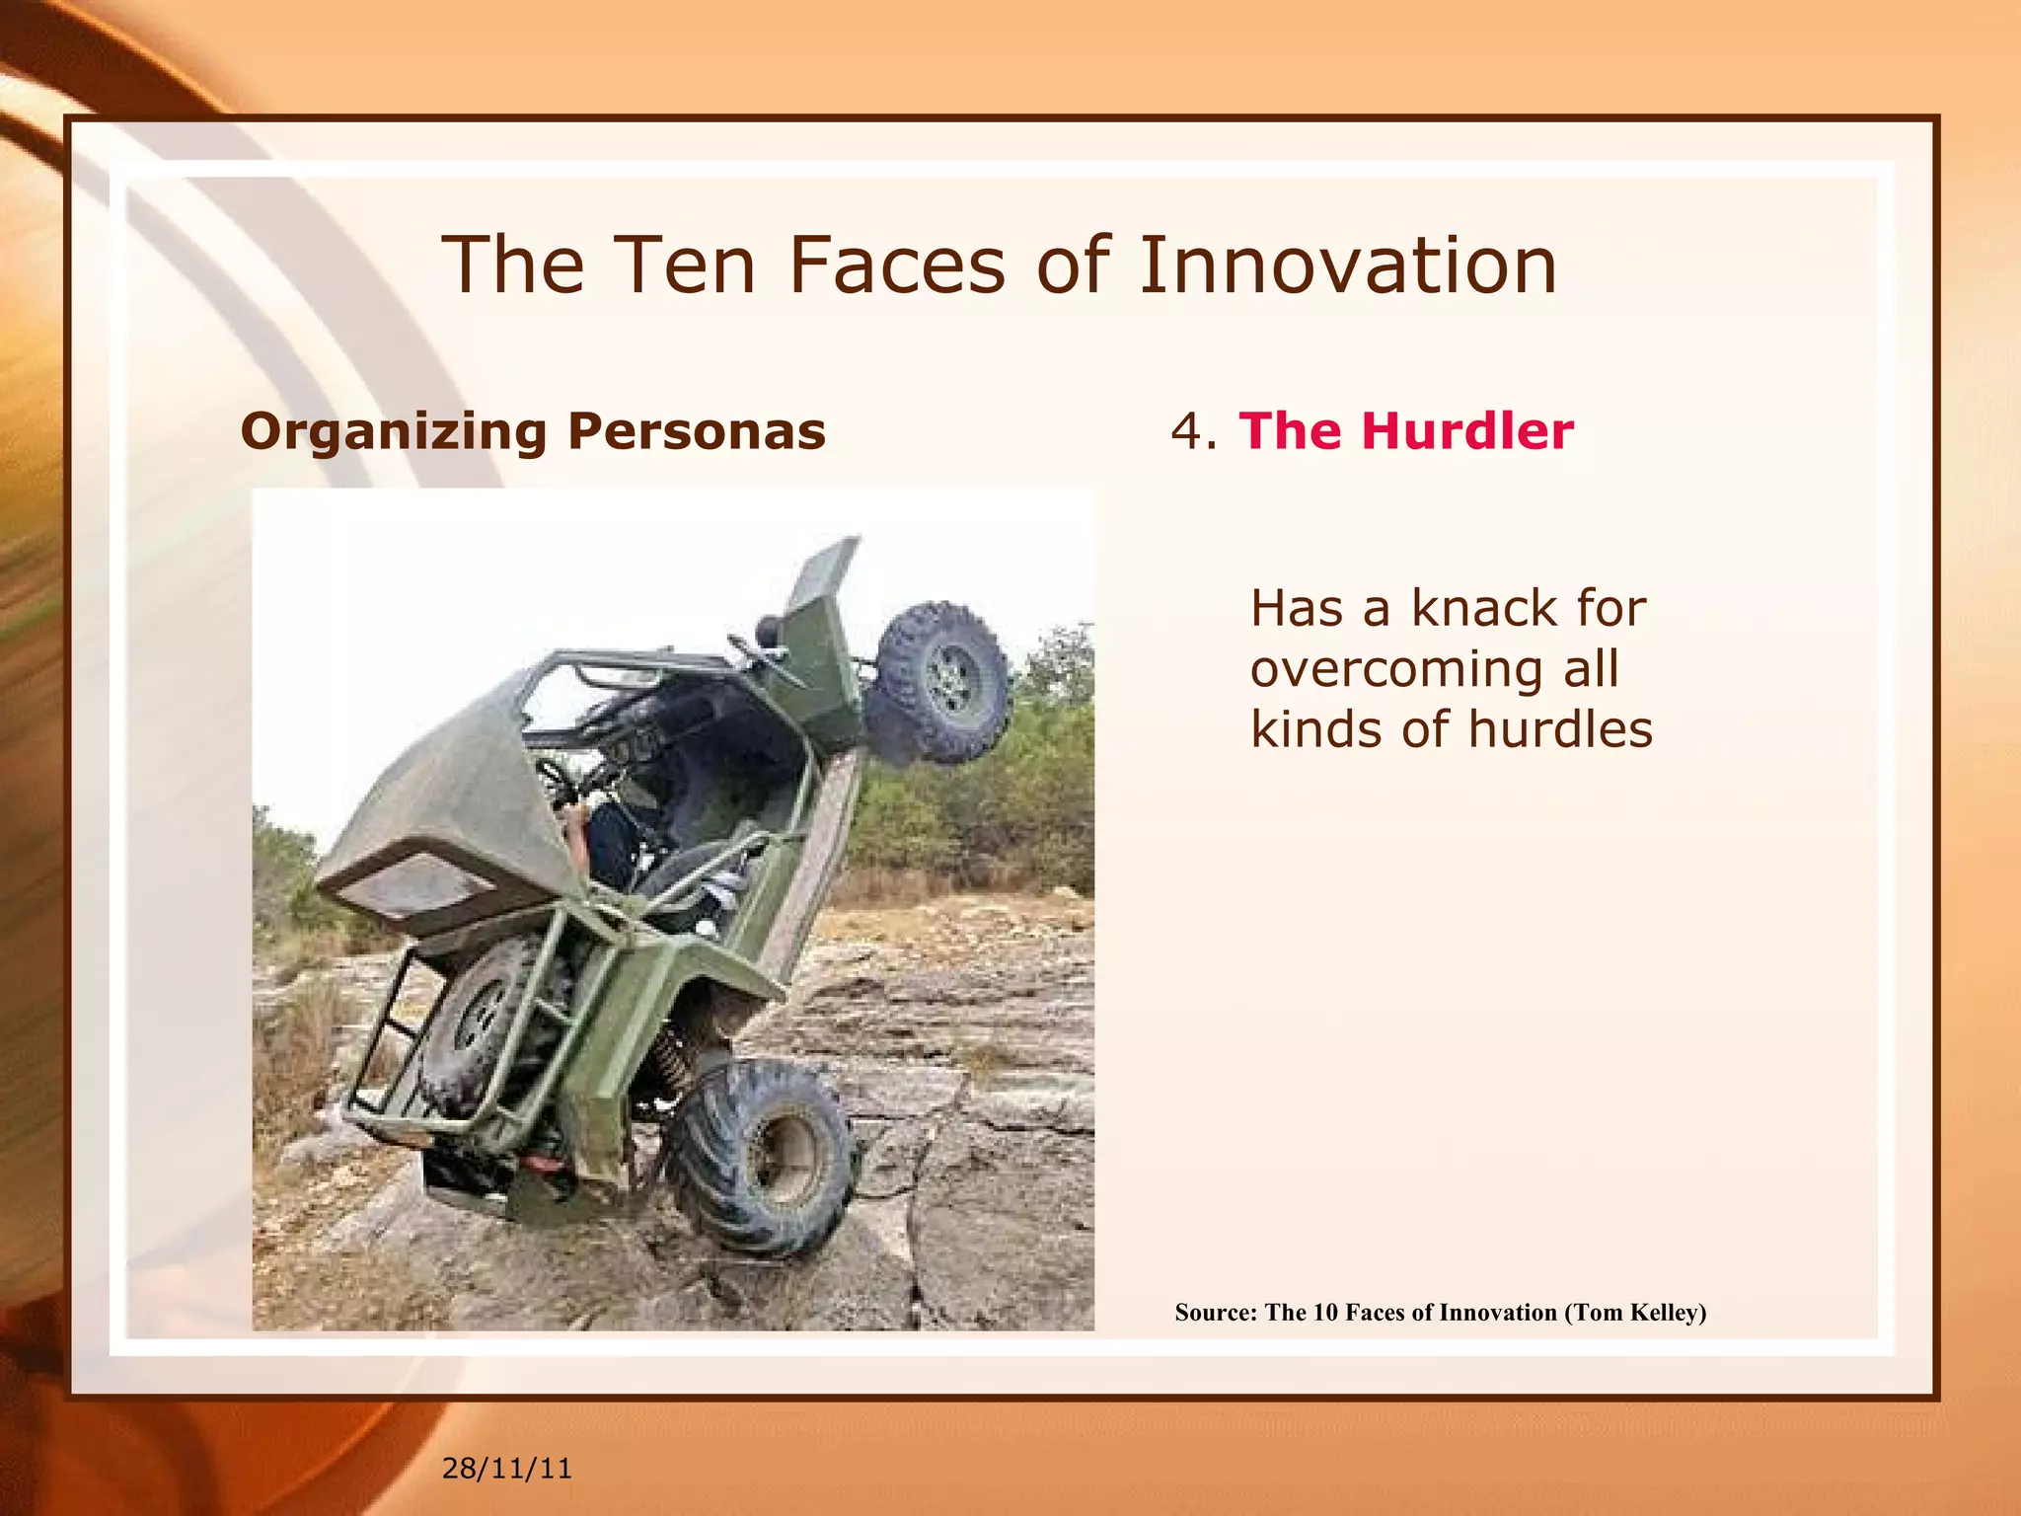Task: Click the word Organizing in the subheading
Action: click(393, 432)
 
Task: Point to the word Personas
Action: click(697, 432)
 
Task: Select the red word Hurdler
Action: click(1466, 432)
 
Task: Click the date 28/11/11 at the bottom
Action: click(506, 1469)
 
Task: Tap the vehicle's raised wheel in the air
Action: click(942, 681)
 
